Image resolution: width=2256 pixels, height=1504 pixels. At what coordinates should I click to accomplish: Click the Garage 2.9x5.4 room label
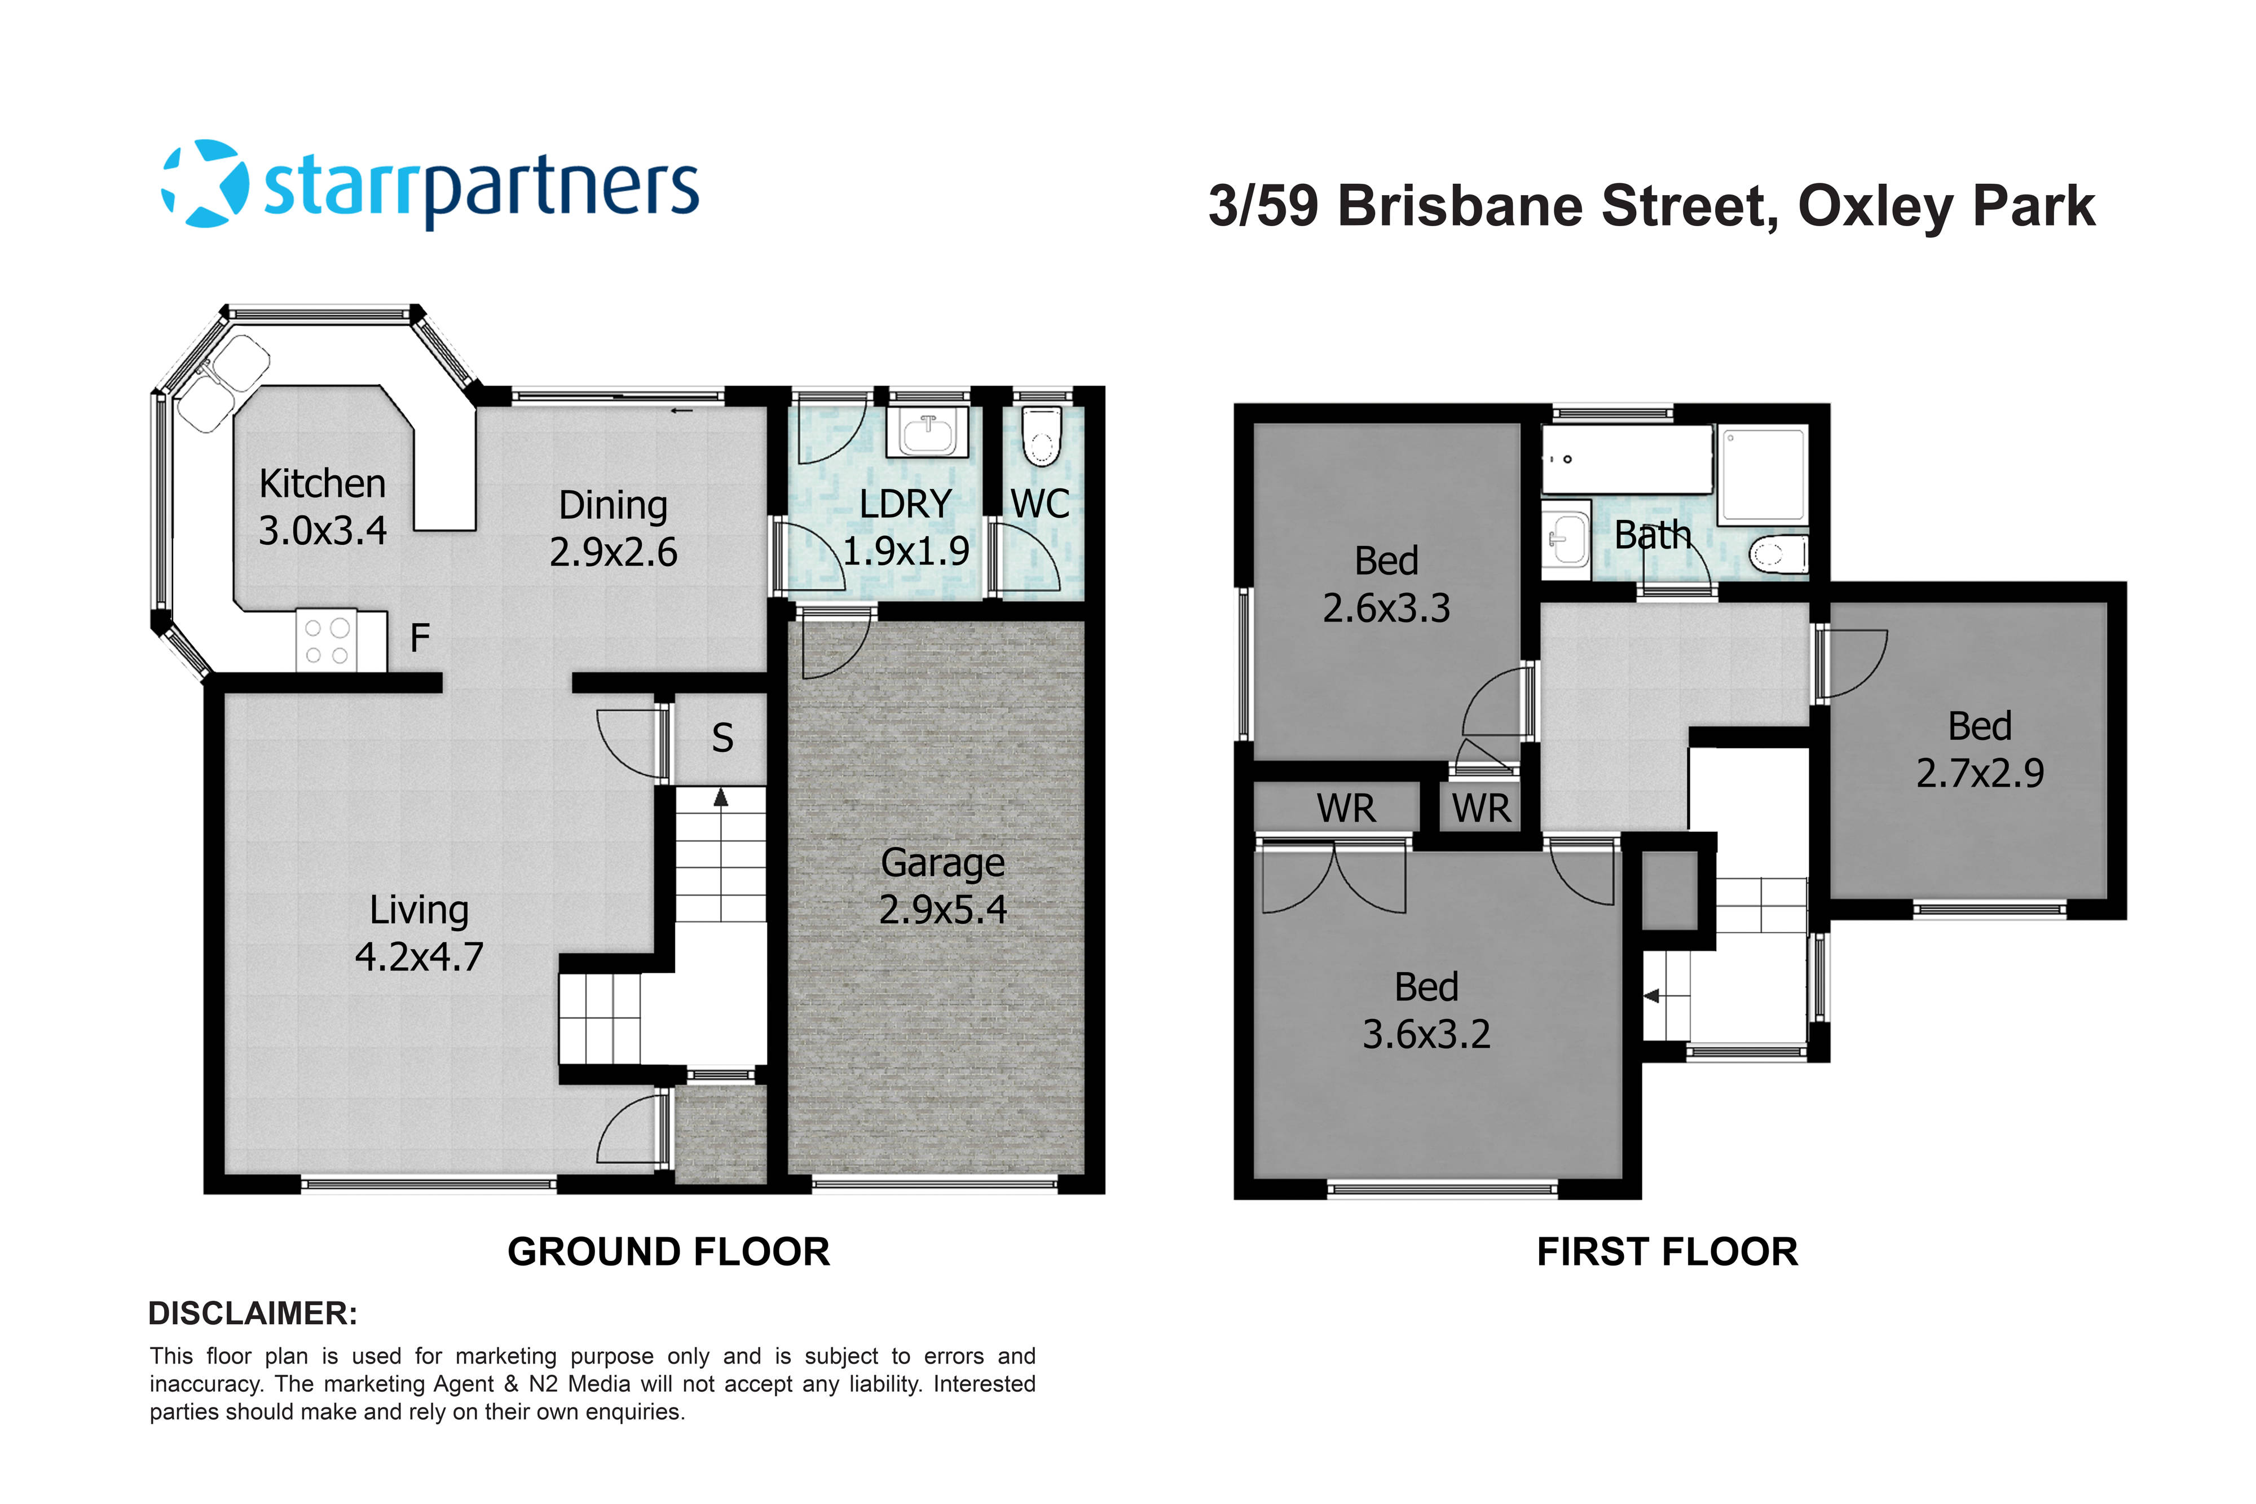tap(943, 886)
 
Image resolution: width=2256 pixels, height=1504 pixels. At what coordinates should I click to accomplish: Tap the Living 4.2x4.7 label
tap(419, 933)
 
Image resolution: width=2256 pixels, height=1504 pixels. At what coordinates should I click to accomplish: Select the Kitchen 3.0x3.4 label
tap(322, 506)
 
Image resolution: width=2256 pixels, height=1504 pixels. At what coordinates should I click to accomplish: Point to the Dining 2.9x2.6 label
tap(613, 528)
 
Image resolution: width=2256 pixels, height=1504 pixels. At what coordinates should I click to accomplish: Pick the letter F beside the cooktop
tap(420, 638)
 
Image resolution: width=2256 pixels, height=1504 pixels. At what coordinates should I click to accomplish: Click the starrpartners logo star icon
tap(204, 184)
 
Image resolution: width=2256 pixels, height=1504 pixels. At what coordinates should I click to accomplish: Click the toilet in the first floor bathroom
tap(1777, 553)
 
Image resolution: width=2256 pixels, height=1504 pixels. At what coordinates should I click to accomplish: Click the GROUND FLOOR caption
tap(668, 1252)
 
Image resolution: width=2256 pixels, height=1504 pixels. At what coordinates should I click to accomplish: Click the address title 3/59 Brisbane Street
tap(1495, 206)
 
